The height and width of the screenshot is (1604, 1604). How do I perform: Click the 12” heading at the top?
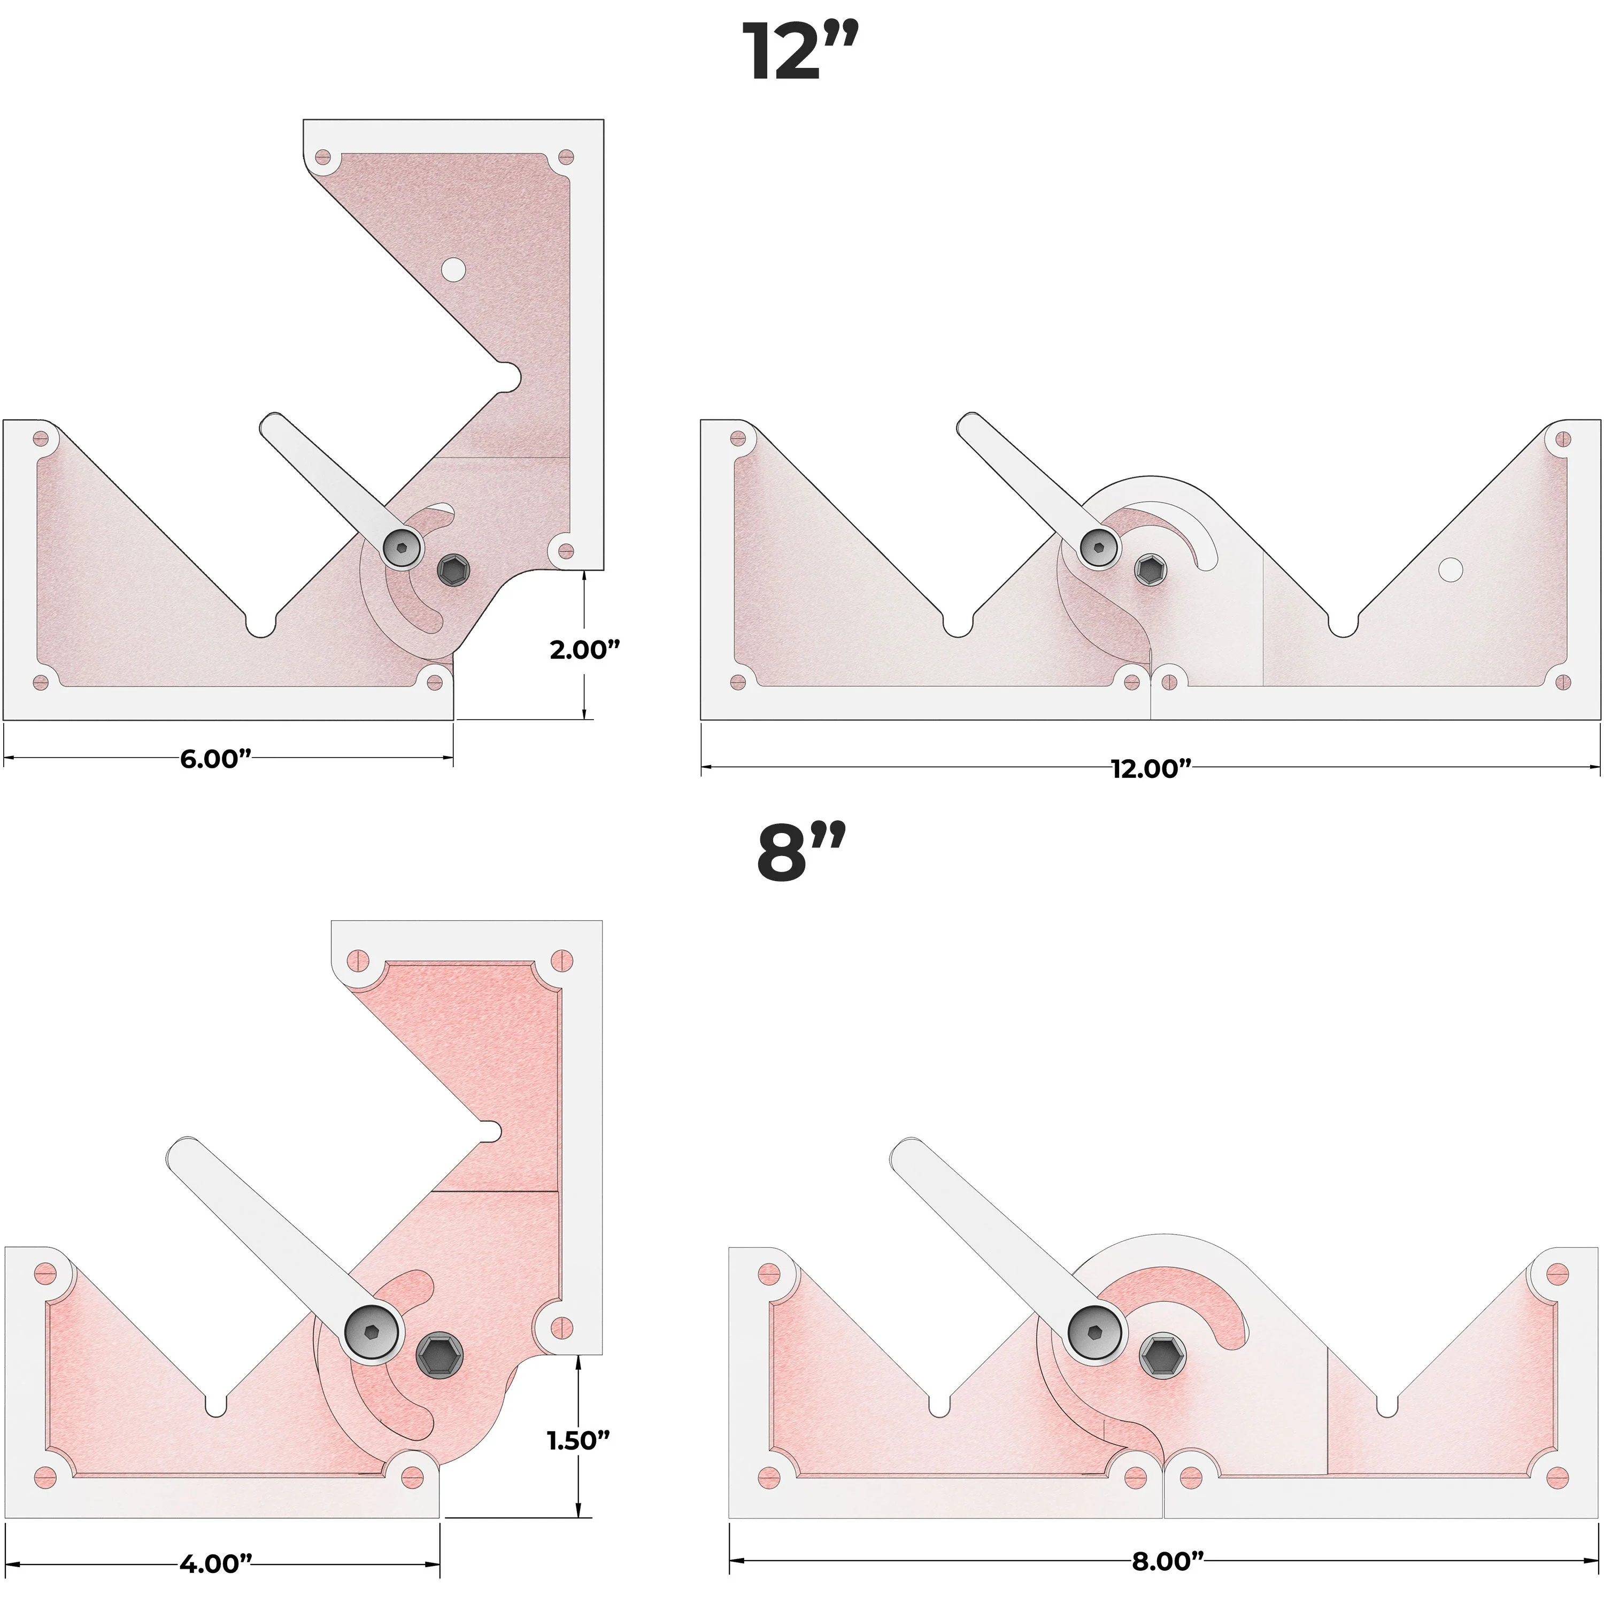point(799,51)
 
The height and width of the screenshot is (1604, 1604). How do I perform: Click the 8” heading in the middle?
point(801,853)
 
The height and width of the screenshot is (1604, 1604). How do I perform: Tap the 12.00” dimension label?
point(1151,768)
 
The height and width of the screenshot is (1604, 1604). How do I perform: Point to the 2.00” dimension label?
point(584,649)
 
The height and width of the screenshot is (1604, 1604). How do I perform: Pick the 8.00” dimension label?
point(1167,1561)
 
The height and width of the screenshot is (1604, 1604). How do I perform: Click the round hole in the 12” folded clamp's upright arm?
point(453,269)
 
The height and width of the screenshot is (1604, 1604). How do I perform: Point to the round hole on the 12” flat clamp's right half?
point(1449,569)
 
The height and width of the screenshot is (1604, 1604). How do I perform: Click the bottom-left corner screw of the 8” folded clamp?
point(45,1476)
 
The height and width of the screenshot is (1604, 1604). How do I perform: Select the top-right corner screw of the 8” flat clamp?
point(1559,1273)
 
